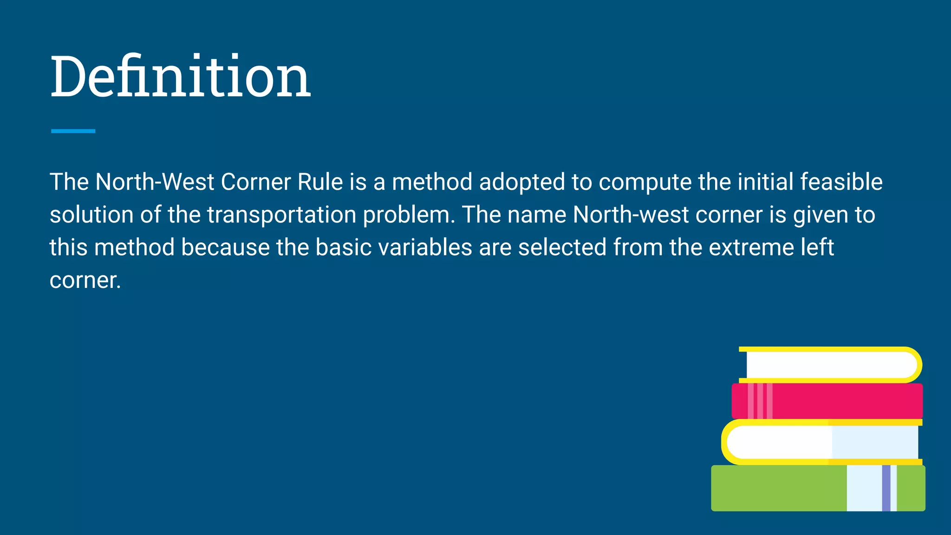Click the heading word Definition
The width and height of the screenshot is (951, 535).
tap(180, 76)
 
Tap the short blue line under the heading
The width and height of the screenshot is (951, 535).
tap(73, 131)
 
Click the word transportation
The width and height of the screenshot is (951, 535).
tap(281, 215)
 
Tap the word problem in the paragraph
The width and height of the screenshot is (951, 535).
tap(406, 215)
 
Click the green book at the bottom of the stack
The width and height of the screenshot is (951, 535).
tap(780, 488)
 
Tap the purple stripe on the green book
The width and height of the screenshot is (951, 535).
tap(886, 488)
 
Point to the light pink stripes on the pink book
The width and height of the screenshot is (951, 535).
tap(760, 401)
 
